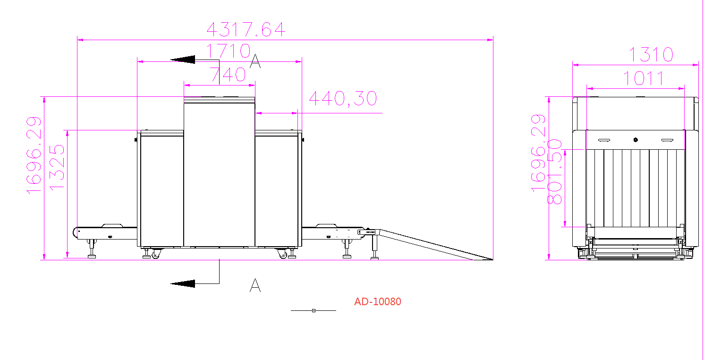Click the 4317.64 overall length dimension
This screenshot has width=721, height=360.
pos(246,29)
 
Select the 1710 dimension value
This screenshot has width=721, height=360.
pos(228,51)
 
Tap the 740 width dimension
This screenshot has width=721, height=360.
pos(228,74)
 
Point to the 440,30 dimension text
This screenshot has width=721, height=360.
pos(343,98)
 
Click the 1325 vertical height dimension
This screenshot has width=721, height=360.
pos(57,167)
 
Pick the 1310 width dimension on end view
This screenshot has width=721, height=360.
pos(651,54)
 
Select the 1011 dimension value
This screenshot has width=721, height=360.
pos(644,78)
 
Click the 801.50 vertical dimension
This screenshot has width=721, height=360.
pos(554,171)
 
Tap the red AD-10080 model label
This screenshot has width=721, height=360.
pos(378,302)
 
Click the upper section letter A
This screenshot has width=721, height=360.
pos(255,61)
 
